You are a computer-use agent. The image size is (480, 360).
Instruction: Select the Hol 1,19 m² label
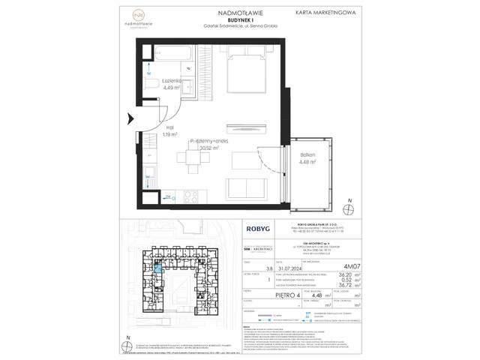[169, 131]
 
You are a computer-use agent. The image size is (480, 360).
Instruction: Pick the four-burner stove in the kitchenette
[190, 197]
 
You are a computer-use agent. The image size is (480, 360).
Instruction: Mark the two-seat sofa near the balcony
[246, 187]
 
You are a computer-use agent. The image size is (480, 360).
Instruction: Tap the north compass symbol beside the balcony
[349, 206]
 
